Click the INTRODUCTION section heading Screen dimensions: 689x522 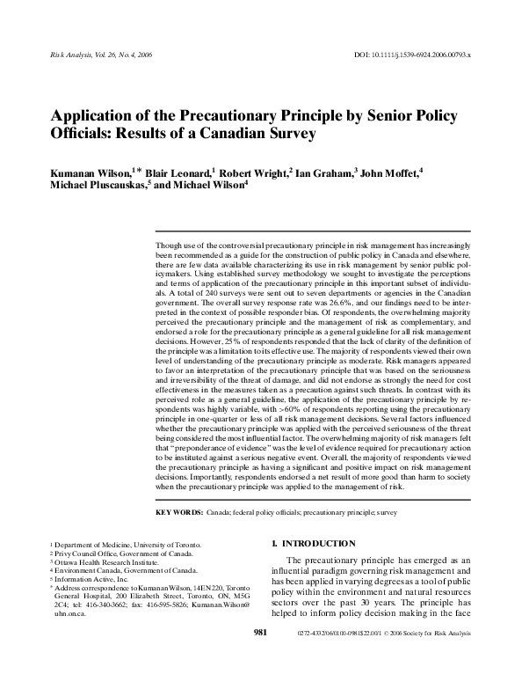click(315, 543)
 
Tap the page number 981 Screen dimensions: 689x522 click(260, 656)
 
